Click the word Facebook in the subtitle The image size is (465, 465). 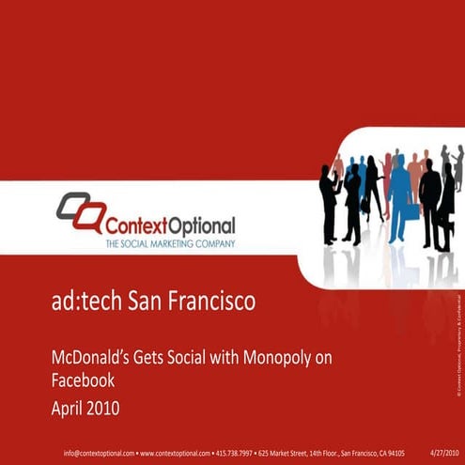pyautogui.click(x=82, y=381)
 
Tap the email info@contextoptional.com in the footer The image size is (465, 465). pyautogui.click(x=99, y=452)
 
